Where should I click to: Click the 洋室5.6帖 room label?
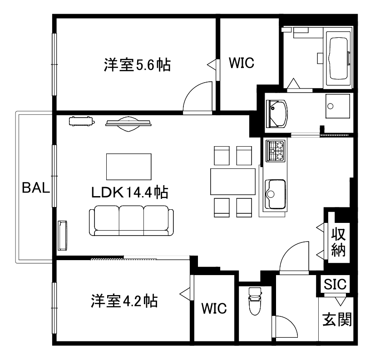click(x=137, y=65)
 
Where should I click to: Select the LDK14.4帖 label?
click(x=130, y=192)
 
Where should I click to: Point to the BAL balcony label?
click(x=35, y=188)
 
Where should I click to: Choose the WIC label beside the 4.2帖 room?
click(x=214, y=308)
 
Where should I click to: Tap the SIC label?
click(x=336, y=285)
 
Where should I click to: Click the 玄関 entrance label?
click(x=337, y=319)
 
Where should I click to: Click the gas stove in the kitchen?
click(x=276, y=151)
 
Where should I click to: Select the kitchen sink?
click(x=275, y=194)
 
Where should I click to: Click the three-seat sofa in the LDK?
click(x=131, y=220)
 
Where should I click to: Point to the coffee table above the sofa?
click(x=128, y=167)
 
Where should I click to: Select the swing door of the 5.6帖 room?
click(x=197, y=98)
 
